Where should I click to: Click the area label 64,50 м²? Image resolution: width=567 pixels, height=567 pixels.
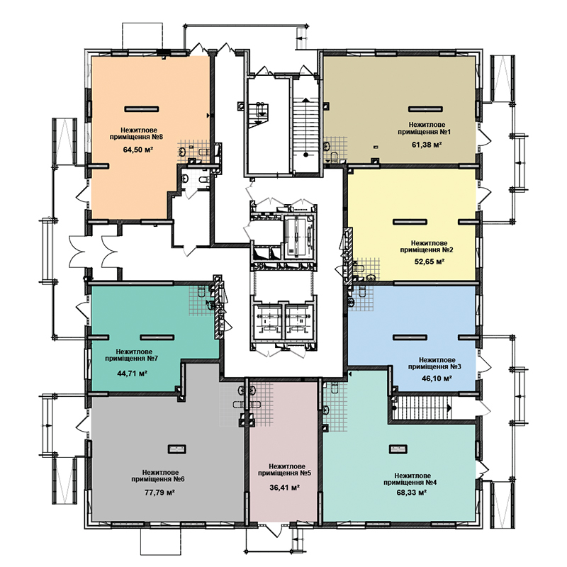coord(137,150)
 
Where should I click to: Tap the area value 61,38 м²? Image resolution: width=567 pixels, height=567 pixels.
coord(427,145)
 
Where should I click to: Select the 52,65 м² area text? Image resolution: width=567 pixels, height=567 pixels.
coord(430,262)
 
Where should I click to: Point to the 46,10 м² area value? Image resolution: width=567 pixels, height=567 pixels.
coord(437,378)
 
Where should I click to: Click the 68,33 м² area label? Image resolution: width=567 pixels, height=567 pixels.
coord(412,492)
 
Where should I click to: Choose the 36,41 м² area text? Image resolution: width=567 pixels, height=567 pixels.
coord(285,488)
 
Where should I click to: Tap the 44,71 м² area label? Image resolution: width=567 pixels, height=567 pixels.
coord(132,374)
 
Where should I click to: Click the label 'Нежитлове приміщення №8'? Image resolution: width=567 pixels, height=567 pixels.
coord(136,133)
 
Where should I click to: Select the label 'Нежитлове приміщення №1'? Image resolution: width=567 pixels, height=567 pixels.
coord(424,128)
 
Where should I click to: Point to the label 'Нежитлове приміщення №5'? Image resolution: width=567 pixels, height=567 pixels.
coord(284,470)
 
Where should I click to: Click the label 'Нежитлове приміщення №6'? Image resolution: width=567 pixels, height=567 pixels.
coord(158,476)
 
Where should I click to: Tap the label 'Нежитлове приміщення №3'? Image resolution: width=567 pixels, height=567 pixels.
coord(434,364)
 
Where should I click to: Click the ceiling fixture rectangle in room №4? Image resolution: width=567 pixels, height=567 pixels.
coord(398,449)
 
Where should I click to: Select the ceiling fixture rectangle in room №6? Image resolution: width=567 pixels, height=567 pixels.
coord(176,449)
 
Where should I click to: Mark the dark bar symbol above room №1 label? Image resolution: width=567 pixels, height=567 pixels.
coord(426,109)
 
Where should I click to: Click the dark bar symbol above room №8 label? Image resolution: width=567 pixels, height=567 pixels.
coord(142,109)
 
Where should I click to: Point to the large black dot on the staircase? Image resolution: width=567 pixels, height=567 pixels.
coord(306,155)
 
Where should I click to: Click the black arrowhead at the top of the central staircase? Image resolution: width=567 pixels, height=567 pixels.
coord(306,99)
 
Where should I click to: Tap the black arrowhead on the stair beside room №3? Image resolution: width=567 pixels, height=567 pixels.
coord(449,408)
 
